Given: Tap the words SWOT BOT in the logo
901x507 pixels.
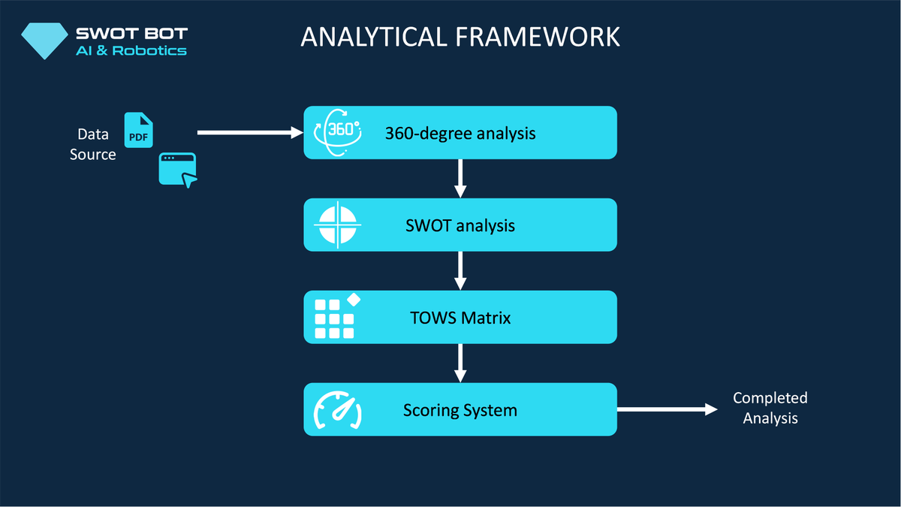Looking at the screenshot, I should pyautogui.click(x=131, y=33).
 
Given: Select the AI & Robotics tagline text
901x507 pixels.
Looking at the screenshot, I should pyautogui.click(x=131, y=50).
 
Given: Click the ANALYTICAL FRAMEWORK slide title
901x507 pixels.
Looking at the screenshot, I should pyautogui.click(x=460, y=37).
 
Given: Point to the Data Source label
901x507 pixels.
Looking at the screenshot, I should pyautogui.click(x=93, y=144).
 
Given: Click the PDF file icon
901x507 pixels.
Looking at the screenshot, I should pyautogui.click(x=138, y=130).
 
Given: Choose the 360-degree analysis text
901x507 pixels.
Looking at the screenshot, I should pyautogui.click(x=460, y=134).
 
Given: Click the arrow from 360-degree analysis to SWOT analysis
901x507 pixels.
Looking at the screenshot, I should pyautogui.click(x=460, y=179).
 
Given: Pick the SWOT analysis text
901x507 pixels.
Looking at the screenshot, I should pyautogui.click(x=460, y=225).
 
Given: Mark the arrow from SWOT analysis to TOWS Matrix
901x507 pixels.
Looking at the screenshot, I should pyautogui.click(x=460, y=270).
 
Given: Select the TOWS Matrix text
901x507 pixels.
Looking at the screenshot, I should pyautogui.click(x=460, y=318).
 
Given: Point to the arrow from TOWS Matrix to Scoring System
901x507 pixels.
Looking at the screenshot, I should pyautogui.click(x=460, y=363).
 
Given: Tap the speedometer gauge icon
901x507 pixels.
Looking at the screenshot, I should pyautogui.click(x=337, y=410).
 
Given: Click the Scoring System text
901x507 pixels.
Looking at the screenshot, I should pyautogui.click(x=460, y=410).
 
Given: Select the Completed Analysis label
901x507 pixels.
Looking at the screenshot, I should pyautogui.click(x=770, y=408).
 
